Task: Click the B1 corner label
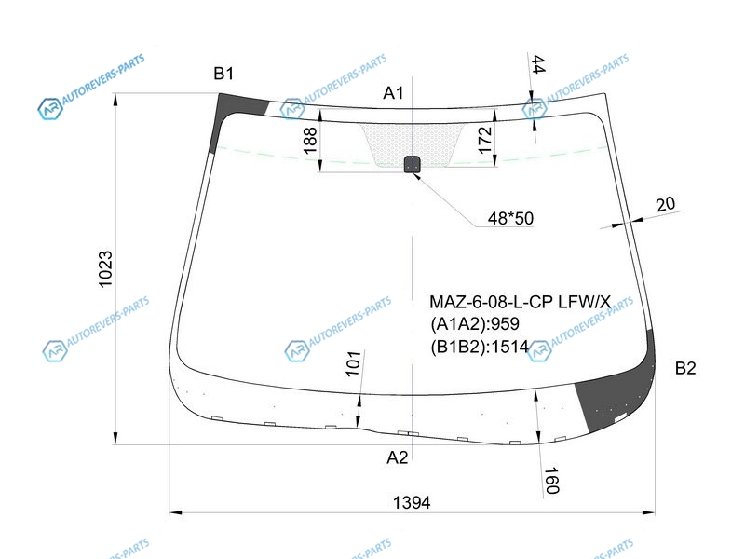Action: click(223, 74)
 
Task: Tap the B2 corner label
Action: click(685, 368)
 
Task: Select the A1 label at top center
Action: click(393, 93)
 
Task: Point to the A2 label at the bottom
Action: click(398, 457)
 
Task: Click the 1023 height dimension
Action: click(105, 269)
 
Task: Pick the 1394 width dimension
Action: click(412, 502)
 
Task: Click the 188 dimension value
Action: click(310, 141)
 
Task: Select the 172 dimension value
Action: click(484, 140)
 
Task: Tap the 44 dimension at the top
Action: click(538, 64)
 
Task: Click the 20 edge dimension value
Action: click(665, 204)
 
